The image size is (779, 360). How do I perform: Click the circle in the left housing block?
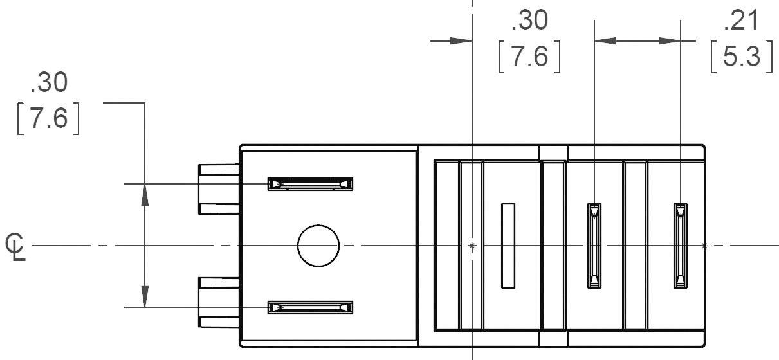318,246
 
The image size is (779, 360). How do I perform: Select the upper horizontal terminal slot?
311,184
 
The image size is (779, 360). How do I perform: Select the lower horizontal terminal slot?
311,307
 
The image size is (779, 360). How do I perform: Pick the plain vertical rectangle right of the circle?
508,245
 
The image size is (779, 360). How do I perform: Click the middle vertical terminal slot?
594,246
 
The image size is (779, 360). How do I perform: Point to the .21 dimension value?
740,22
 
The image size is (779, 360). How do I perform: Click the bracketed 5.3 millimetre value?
741,58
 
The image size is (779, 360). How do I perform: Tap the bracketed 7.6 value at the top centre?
529,57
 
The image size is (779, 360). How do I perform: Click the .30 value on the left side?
49,83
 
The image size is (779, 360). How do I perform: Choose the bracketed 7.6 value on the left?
48,119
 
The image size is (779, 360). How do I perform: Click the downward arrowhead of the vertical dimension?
145,296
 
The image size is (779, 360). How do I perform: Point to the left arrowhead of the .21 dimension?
605,40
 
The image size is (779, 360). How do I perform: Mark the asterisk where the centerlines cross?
473,246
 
